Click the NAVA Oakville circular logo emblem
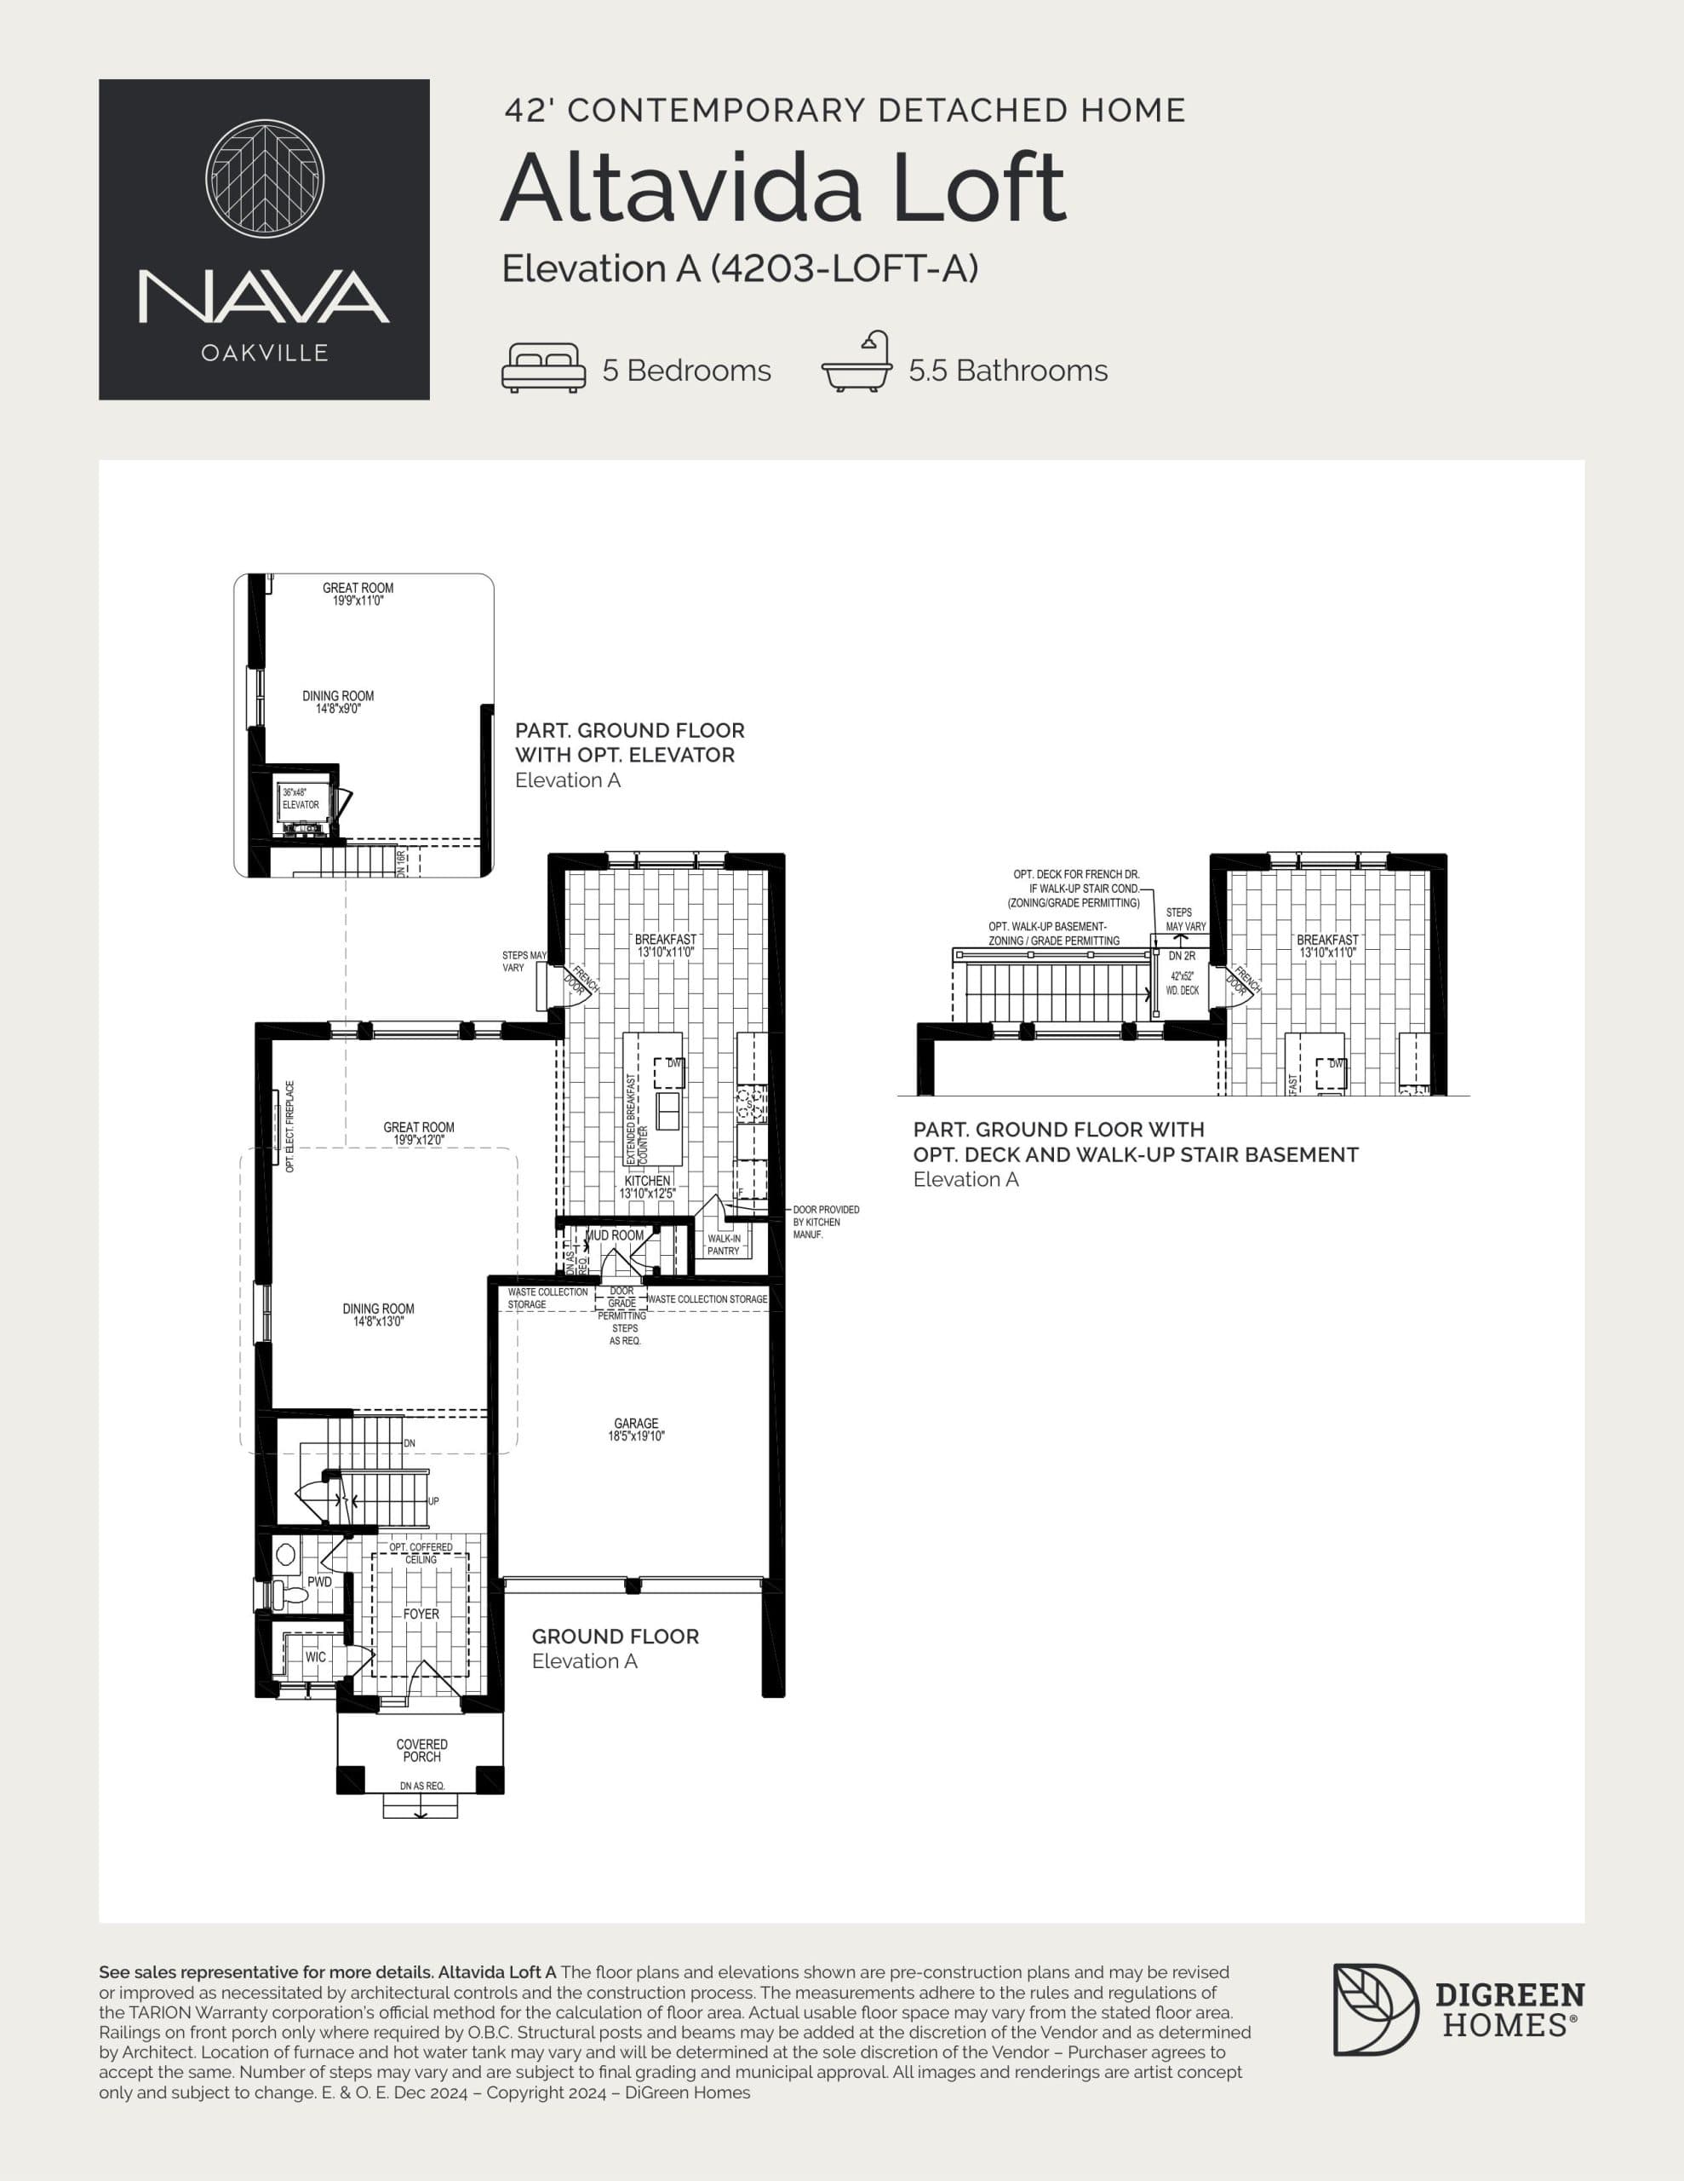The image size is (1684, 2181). tap(265, 179)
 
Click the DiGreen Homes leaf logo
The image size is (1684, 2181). tap(1375, 2009)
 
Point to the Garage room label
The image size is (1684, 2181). tap(636, 1423)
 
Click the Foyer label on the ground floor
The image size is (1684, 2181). tap(421, 1614)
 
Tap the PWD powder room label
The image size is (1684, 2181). tap(319, 1582)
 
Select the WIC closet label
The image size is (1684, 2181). tap(316, 1657)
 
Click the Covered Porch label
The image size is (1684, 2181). tap(421, 1751)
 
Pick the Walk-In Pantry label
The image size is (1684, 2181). tap(724, 1245)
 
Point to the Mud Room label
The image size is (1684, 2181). tap(614, 1235)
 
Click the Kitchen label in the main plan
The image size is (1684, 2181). tap(647, 1180)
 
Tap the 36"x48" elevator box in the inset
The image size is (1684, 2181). tap(301, 800)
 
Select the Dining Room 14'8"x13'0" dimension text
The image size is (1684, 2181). tap(378, 1322)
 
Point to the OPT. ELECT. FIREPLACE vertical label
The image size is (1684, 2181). tap(289, 1126)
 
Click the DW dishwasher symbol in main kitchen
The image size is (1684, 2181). tap(670, 1072)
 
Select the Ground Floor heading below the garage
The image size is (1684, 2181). tap(615, 1636)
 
